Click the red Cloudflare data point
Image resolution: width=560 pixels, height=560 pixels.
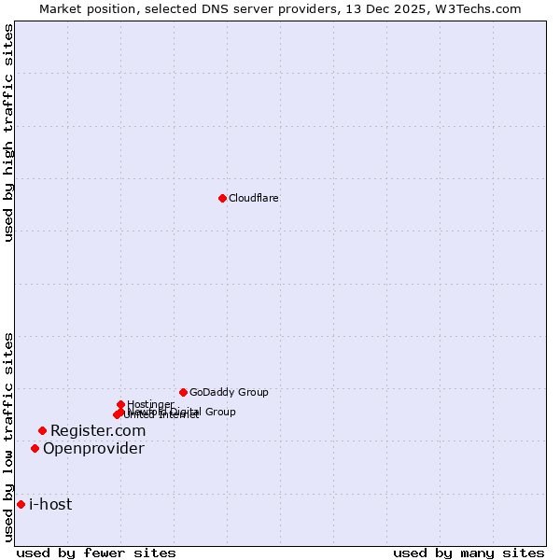[x=222, y=198]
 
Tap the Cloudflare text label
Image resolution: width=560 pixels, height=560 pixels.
[x=254, y=198]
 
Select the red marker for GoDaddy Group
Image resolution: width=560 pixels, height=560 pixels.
[x=183, y=392]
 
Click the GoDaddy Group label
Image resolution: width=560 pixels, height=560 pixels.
[x=229, y=393]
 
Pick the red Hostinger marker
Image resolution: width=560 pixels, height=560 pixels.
[x=120, y=404]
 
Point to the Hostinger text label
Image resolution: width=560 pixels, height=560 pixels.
[x=150, y=404]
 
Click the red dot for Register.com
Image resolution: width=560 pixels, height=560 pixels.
[x=42, y=430]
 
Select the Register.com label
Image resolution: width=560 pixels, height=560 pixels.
[x=98, y=430]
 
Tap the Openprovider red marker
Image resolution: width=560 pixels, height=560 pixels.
[x=35, y=448]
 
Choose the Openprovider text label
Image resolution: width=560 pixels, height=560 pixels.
[x=93, y=449]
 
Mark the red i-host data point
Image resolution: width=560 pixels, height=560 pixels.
[x=21, y=504]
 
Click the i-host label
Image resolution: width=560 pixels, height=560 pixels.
[x=50, y=505]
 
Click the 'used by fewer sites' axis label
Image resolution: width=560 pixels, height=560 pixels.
[x=96, y=553]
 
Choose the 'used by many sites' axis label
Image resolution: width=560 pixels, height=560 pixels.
[x=469, y=553]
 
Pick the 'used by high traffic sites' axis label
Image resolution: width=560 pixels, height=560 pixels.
[x=8, y=133]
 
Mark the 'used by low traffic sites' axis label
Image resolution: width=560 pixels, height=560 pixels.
[x=8, y=436]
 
